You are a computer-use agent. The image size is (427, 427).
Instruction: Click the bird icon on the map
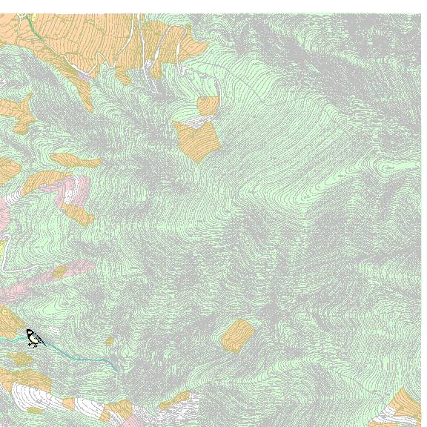click(34, 338)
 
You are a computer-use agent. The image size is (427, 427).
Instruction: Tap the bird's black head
click(30, 332)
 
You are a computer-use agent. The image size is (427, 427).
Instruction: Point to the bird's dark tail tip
click(44, 345)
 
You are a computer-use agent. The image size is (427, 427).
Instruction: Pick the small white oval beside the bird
click(53, 331)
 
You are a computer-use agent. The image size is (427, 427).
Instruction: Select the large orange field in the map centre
click(197, 141)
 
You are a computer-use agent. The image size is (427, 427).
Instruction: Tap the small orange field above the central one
click(208, 105)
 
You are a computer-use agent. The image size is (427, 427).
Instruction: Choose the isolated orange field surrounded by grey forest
click(237, 334)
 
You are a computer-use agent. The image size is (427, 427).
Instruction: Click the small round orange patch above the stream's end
click(110, 342)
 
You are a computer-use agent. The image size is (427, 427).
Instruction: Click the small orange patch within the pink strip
click(59, 272)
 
